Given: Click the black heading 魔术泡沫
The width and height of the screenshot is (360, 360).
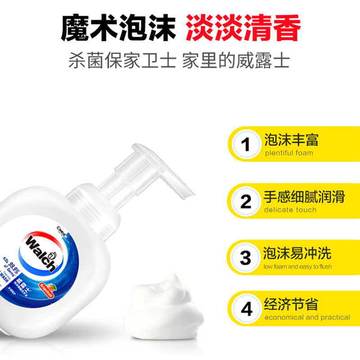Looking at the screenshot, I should coord(118,29).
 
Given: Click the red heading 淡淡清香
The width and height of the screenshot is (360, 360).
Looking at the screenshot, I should coord(243,29).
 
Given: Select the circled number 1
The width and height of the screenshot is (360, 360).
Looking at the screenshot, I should coord(246,145).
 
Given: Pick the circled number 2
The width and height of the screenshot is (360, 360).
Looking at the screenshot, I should coord(246,202).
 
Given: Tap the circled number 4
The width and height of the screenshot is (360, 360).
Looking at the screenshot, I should coord(246,310).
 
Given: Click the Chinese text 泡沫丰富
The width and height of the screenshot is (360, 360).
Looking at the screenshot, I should coord(291,139).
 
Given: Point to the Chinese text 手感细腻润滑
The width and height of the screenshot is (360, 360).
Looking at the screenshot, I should coord(304,197).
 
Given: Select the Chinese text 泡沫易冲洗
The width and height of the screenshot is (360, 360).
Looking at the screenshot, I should coord(298,253).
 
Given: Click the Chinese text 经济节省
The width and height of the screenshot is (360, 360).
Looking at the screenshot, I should coord(291,304).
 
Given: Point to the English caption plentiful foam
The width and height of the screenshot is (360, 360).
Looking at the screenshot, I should coord(289,153).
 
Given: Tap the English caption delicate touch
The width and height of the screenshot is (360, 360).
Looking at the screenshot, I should coord(290,210).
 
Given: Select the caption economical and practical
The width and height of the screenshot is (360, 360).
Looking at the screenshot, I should coord(307,318).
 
